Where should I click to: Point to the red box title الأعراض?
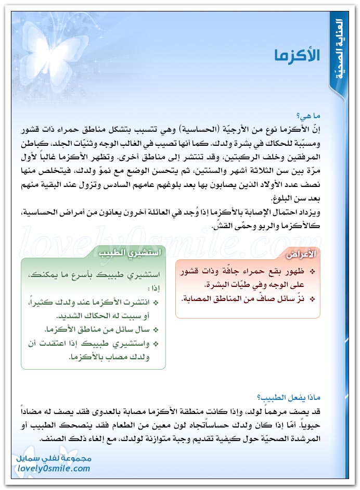(x=302, y=254)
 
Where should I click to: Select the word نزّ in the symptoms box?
(x=302, y=299)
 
